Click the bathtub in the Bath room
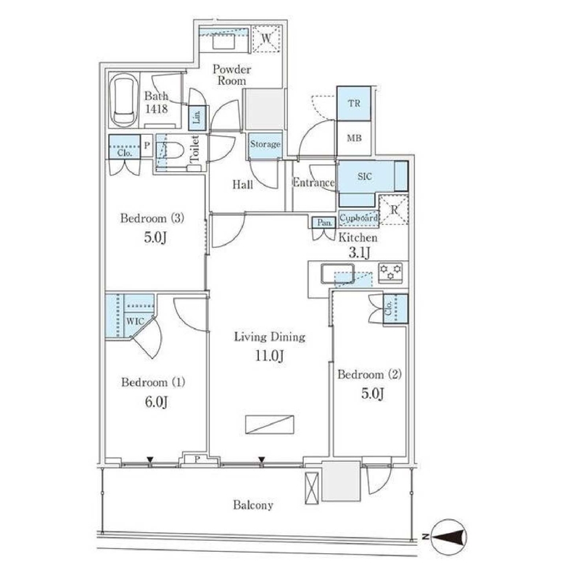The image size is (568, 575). click(x=123, y=101)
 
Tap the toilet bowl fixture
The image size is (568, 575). click(x=173, y=152)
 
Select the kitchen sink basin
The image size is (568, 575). click(x=337, y=273)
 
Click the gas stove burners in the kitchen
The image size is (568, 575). click(x=390, y=273)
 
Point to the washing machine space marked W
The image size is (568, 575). click(x=267, y=38)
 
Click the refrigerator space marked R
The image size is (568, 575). click(x=394, y=210)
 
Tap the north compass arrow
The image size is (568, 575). click(x=448, y=537)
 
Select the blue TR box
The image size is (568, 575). click(x=354, y=104)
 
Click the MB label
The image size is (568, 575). click(x=354, y=138)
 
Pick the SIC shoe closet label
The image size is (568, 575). click(x=364, y=176)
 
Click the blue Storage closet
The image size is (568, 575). click(x=266, y=144)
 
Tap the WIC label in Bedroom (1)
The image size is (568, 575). click(x=135, y=322)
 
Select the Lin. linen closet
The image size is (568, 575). click(x=197, y=117)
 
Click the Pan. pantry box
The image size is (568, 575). click(x=324, y=223)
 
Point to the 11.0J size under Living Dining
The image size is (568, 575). click(x=270, y=355)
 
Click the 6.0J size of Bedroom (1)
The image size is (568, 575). click(x=156, y=402)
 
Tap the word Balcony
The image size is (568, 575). click(x=253, y=505)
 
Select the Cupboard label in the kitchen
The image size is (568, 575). click(x=358, y=218)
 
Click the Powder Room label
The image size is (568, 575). click(x=232, y=75)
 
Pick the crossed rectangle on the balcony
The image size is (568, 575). click(x=312, y=488)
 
